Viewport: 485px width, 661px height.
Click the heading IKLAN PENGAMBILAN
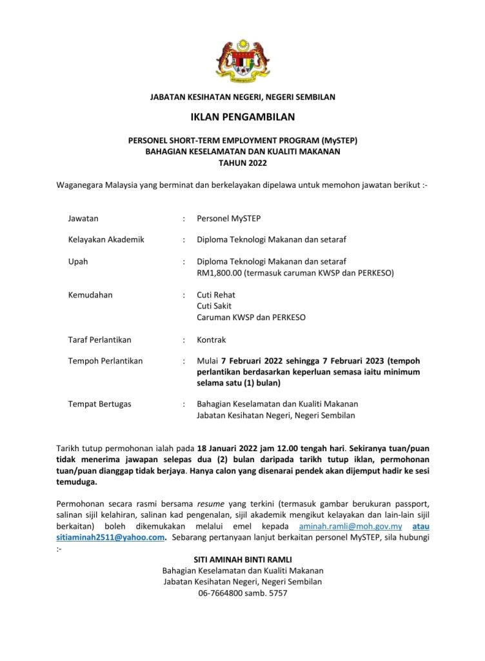pos(243,117)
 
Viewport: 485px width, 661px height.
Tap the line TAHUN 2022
pos(243,163)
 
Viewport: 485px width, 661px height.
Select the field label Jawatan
pos(83,219)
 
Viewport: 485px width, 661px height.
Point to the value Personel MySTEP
pos(229,219)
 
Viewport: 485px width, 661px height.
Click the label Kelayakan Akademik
pos(106,239)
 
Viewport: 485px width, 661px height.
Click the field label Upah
pos(78,261)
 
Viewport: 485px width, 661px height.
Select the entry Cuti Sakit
pos(214,306)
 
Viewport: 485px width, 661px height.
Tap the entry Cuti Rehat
pos(216,295)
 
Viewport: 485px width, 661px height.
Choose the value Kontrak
pos(212,340)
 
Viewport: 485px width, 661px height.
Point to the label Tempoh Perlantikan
pos(105,361)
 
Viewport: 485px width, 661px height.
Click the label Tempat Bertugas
pos(99,403)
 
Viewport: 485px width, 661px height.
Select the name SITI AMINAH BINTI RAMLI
pos(243,560)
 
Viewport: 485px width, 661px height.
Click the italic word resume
pos(211,503)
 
